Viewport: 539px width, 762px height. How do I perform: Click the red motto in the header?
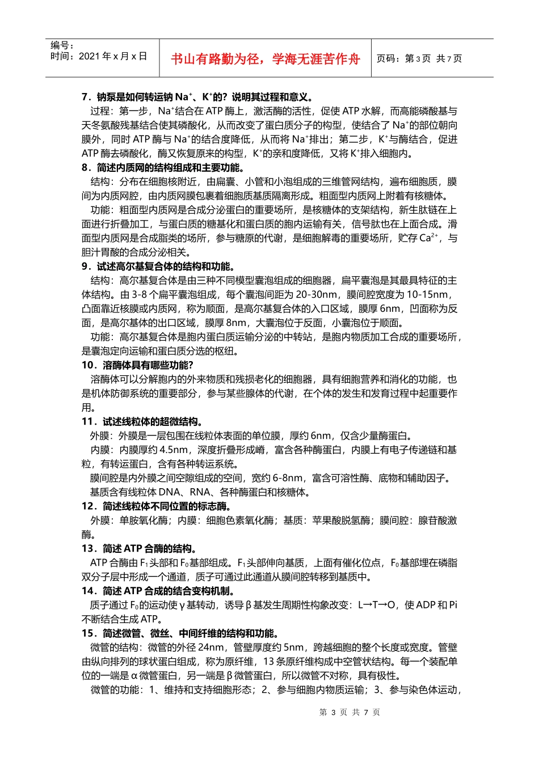266,59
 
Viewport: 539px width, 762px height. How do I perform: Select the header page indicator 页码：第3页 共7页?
419,58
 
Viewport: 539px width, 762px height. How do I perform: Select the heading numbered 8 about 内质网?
163,168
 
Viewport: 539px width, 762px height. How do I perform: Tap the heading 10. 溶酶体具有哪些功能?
137,365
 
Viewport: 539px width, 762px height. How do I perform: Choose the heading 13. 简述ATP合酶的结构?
139,549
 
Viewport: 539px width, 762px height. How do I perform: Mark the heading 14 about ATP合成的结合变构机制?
158,591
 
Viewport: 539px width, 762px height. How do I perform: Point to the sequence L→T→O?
376,605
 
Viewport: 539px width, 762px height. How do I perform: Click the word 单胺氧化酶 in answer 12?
144,520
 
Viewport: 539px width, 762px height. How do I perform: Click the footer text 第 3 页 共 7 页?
349,712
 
